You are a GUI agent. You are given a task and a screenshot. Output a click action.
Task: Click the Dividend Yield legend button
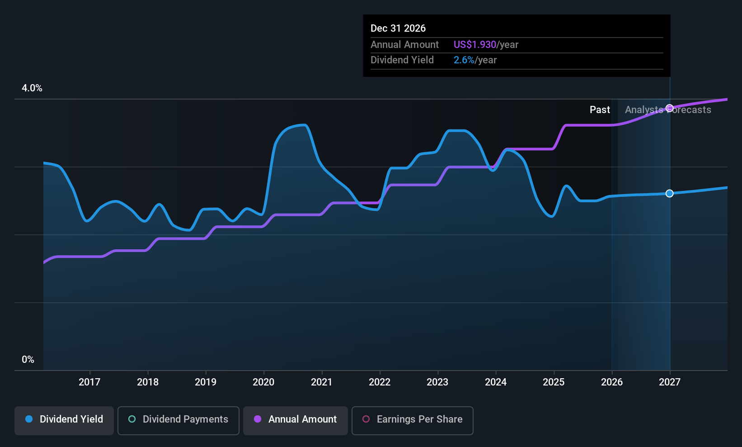coord(64,420)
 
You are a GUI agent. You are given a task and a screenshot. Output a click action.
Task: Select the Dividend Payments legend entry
coord(178,420)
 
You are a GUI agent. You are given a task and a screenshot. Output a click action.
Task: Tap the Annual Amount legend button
coord(295,420)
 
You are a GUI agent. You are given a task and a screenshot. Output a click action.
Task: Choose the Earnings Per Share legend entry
coord(413,420)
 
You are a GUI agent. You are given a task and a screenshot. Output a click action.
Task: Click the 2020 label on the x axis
coord(263,382)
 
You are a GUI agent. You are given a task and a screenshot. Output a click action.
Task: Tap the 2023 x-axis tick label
coord(437,382)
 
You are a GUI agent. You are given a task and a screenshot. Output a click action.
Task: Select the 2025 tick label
coord(554,382)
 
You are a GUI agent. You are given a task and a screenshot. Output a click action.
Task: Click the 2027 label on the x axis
coord(670,382)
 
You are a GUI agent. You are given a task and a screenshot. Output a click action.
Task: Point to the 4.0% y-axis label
coord(32,88)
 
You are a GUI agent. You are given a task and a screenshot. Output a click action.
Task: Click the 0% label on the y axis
coord(28,360)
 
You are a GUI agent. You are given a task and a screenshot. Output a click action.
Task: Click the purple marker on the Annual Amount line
coord(669,108)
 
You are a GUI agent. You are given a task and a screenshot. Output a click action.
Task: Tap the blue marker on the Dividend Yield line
coord(669,193)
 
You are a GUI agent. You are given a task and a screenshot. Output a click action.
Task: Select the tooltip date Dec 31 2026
coord(398,29)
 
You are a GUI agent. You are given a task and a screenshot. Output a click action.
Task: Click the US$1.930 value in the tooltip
coord(474,44)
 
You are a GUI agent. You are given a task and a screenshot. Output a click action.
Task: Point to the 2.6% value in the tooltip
coord(464,60)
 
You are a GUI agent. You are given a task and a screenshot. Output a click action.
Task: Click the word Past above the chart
coord(600,110)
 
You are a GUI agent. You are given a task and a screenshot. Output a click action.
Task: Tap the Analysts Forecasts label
coord(668,110)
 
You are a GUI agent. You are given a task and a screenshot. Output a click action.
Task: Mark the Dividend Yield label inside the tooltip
coord(402,60)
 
